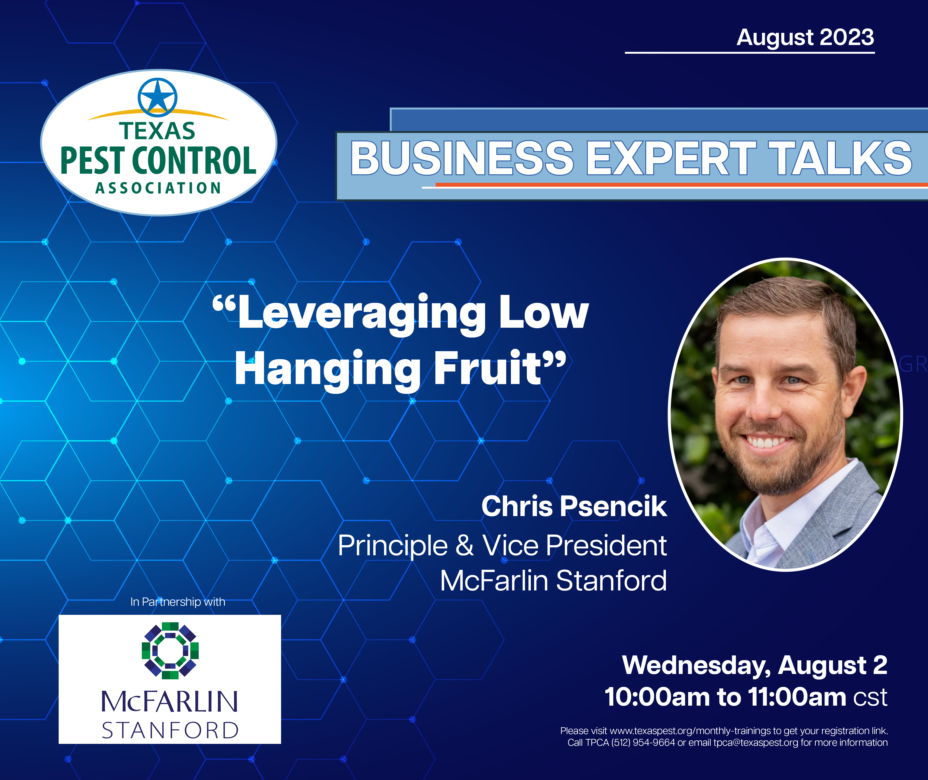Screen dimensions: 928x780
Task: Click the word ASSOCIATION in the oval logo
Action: coord(158,188)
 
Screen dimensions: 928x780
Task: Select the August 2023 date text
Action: coord(805,38)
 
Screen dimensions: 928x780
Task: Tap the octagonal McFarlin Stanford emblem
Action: coord(170,651)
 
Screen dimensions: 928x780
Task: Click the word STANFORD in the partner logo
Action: coord(170,730)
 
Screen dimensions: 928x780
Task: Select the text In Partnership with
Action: coord(178,602)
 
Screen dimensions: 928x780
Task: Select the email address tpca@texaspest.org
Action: coord(756,742)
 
